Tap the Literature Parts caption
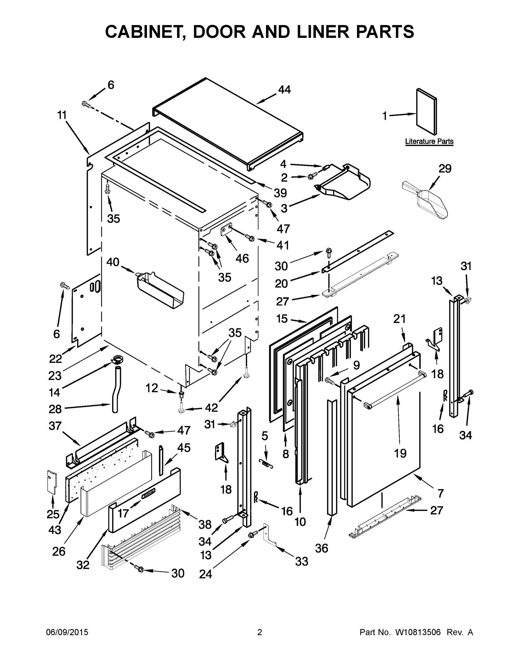tap(429, 141)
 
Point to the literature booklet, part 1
tap(426, 112)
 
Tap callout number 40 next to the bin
tap(112, 262)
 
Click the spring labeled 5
tap(266, 464)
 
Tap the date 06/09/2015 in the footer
tap(67, 633)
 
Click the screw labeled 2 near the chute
tap(311, 177)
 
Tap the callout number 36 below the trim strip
tap(321, 548)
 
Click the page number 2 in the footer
tap(260, 633)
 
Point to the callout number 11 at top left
tap(62, 115)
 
